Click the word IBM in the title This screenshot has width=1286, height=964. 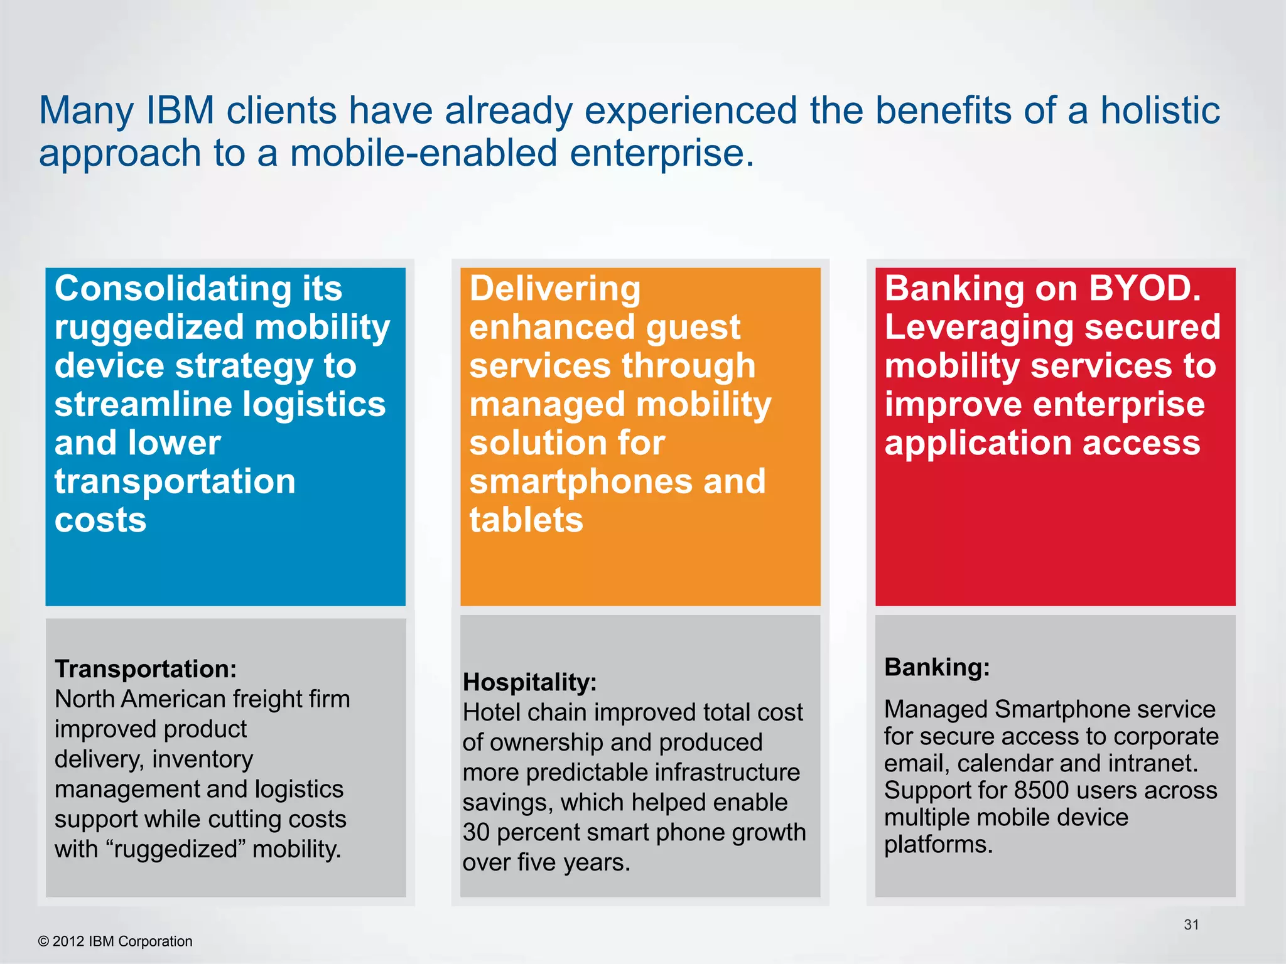(180, 111)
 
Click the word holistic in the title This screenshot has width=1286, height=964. (1160, 111)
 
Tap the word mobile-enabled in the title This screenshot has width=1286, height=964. (423, 154)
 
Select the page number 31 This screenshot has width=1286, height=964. (1191, 924)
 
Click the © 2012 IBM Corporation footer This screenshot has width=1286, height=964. (116, 941)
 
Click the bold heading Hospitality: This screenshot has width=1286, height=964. (529, 682)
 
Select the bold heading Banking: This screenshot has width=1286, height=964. (937, 667)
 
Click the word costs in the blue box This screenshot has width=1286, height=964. (100, 520)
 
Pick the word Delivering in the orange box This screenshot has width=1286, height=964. (555, 289)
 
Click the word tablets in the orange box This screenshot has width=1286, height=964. (526, 520)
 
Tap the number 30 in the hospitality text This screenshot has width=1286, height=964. (476, 832)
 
